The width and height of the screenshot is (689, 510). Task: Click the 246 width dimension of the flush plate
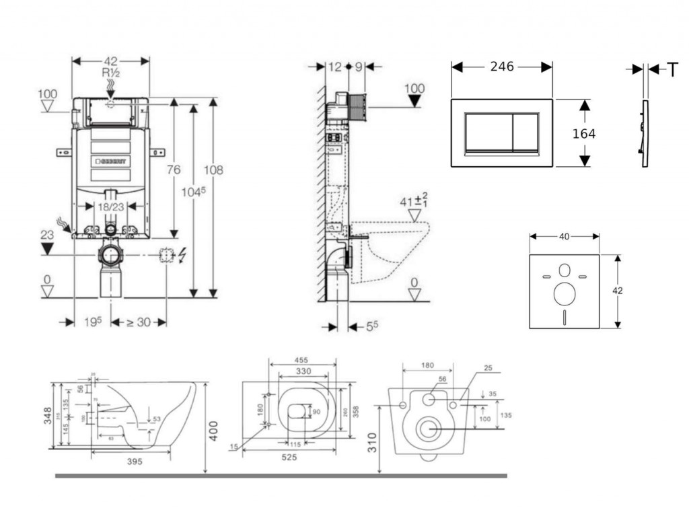click(x=502, y=67)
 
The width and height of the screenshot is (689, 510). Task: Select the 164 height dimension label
click(x=583, y=134)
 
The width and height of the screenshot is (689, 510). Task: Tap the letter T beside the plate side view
click(x=672, y=69)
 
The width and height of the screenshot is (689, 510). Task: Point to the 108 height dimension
click(x=213, y=170)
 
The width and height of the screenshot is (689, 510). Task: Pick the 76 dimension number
click(x=174, y=170)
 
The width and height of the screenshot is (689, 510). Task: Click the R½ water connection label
click(x=110, y=73)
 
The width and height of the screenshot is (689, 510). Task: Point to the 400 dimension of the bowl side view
click(x=213, y=430)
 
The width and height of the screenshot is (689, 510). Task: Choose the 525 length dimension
click(x=289, y=458)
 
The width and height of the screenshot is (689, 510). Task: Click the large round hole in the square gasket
click(x=564, y=293)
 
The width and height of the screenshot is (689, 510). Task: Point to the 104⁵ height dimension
click(x=193, y=192)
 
